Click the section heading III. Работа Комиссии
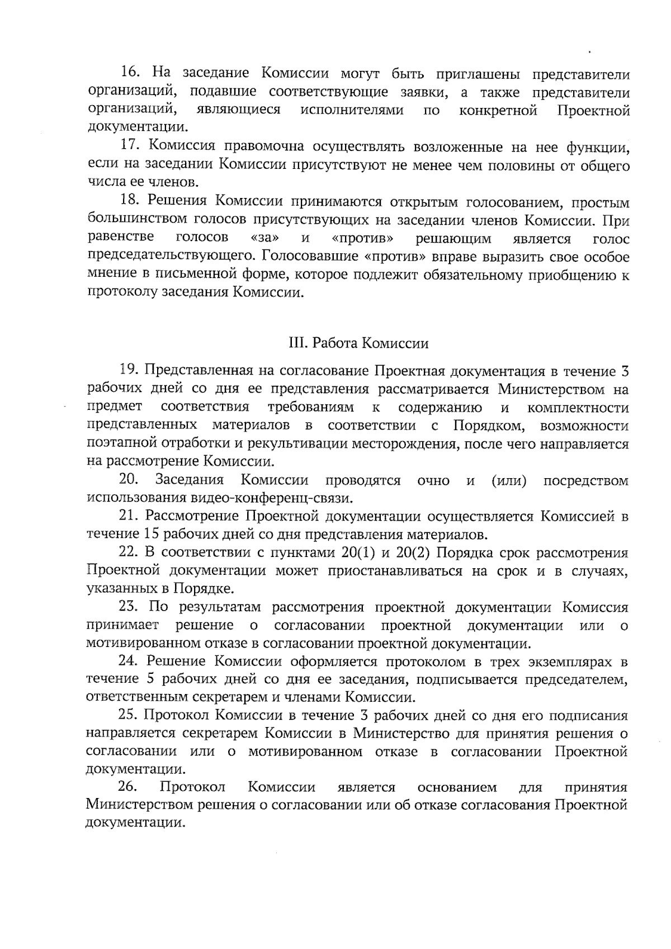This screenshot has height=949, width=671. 358,343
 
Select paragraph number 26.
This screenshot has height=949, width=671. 128,787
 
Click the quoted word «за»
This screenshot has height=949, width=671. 266,238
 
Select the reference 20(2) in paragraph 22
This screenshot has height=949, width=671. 412,553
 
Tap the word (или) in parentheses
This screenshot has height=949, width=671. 509,480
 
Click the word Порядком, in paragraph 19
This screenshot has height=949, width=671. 489,426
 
